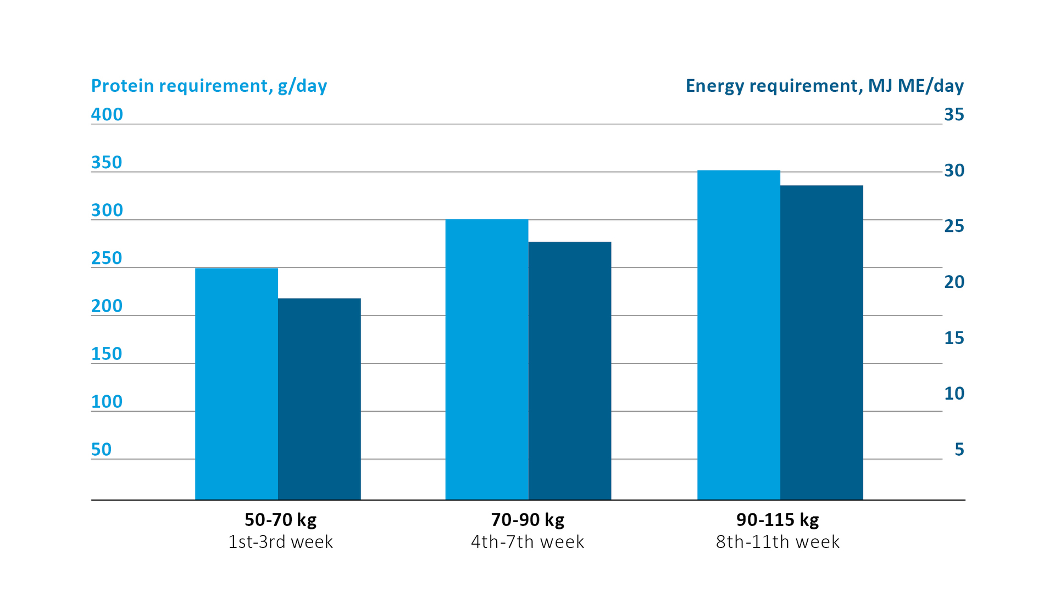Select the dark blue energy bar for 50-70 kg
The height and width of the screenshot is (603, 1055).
tap(319, 399)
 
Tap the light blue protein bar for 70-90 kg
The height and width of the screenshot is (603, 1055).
tap(486, 359)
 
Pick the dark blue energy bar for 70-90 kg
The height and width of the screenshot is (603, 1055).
tap(570, 370)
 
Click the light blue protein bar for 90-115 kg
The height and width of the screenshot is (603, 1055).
tap(738, 335)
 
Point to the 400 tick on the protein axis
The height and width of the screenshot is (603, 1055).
tap(107, 114)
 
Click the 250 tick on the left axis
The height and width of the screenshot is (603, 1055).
tap(107, 258)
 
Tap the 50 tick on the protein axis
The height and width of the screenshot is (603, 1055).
tap(101, 449)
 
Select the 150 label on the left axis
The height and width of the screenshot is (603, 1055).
tap(107, 353)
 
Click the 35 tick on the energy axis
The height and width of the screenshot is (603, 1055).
tap(954, 114)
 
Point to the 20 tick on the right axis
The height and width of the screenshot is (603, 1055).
tap(954, 282)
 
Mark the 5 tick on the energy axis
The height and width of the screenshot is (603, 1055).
tap(959, 449)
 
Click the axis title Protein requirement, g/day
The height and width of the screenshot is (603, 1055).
tap(209, 86)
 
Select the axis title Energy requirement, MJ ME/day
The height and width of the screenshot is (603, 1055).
tap(824, 86)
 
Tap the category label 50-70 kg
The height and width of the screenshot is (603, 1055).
tap(280, 519)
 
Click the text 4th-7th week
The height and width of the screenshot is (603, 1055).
tap(527, 542)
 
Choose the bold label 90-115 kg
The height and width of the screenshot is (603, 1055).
tap(778, 519)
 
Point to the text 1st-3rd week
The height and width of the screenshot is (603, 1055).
tap(280, 542)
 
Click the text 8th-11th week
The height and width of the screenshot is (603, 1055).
tap(778, 542)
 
